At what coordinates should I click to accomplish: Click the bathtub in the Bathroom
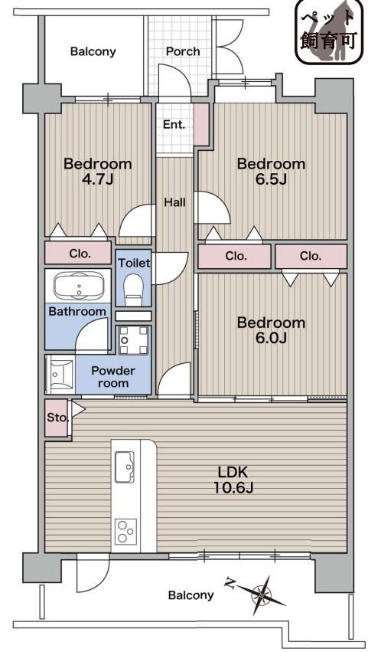(x=79, y=285)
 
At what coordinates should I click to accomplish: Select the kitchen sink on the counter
(x=125, y=467)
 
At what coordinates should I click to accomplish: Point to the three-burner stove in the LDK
(x=125, y=532)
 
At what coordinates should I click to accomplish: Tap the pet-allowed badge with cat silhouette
(x=329, y=32)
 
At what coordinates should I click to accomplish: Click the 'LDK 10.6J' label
(x=233, y=480)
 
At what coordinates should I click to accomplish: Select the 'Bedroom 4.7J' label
(x=97, y=171)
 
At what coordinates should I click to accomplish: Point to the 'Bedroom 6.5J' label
(x=271, y=171)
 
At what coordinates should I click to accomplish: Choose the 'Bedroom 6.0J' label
(x=271, y=329)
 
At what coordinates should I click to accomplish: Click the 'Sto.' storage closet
(x=57, y=418)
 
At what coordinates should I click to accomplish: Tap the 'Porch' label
(x=183, y=51)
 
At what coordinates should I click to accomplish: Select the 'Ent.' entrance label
(x=174, y=124)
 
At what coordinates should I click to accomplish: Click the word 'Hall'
(x=174, y=202)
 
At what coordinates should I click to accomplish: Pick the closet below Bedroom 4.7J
(x=78, y=252)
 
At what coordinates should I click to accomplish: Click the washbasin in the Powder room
(x=60, y=374)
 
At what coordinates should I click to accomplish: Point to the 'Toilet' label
(x=134, y=263)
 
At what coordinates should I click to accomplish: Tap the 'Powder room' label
(x=113, y=376)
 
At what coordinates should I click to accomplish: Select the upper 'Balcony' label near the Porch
(x=93, y=51)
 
